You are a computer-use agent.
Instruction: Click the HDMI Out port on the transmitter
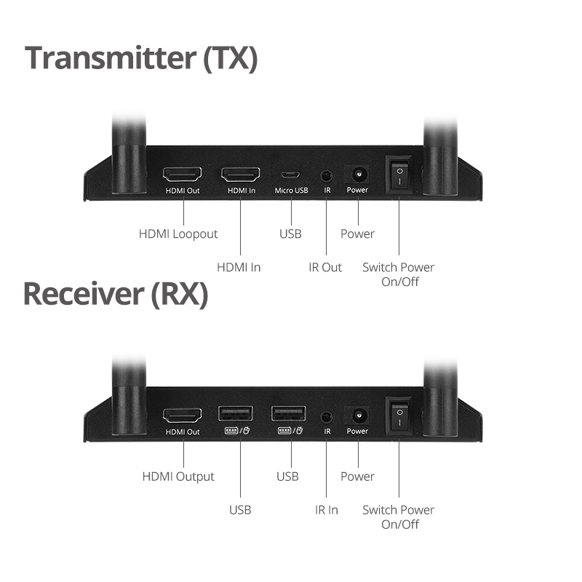click(183, 174)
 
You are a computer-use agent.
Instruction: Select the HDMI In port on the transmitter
click(241, 174)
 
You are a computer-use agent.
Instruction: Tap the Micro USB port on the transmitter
click(290, 175)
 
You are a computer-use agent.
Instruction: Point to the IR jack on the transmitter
click(326, 175)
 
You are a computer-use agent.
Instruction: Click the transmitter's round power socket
click(359, 174)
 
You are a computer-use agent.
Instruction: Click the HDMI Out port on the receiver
click(183, 415)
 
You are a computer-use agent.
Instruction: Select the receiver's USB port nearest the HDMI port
click(235, 413)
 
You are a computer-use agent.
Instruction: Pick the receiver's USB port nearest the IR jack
click(288, 413)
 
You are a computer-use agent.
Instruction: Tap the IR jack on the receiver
click(326, 417)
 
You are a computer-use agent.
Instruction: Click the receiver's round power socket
click(359, 415)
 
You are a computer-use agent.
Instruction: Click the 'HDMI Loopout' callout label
click(178, 234)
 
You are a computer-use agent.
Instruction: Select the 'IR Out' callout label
click(325, 267)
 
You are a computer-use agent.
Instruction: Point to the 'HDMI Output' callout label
click(178, 477)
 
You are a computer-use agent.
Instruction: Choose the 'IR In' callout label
click(326, 510)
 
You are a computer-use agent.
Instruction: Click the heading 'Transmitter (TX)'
click(141, 58)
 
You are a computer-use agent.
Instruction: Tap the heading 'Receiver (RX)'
click(116, 294)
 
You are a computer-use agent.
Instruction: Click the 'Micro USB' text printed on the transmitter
click(292, 191)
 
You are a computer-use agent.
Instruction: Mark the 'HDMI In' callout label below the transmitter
click(239, 267)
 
